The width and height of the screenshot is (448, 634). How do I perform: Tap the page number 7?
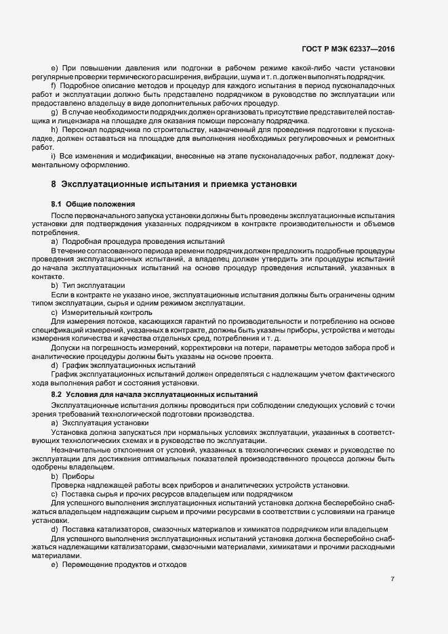(393, 579)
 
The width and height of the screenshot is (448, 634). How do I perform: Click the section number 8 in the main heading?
(54, 184)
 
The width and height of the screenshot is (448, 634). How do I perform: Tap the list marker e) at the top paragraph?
(54, 68)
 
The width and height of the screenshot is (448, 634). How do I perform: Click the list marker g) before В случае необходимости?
(54, 111)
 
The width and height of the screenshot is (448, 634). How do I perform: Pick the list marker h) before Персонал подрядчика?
(54, 129)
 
